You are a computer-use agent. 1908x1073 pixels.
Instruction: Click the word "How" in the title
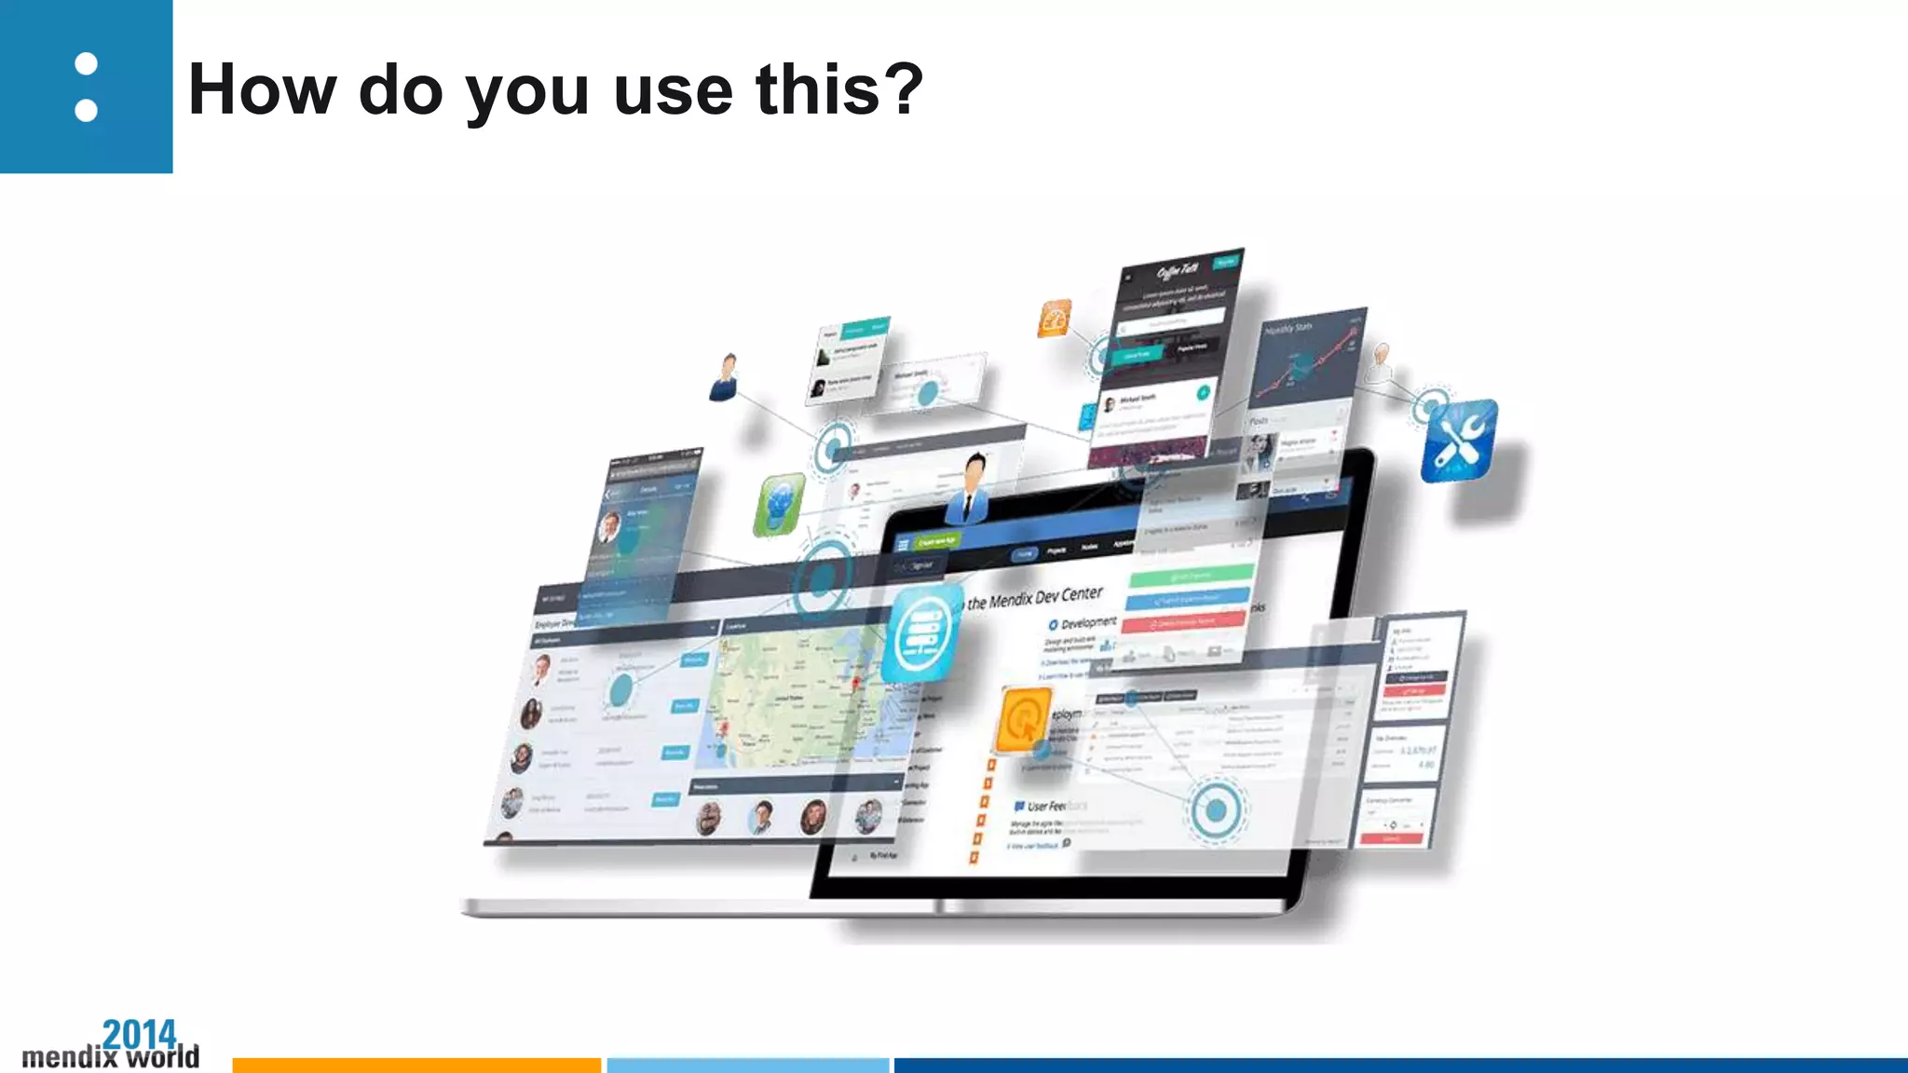tap(262, 90)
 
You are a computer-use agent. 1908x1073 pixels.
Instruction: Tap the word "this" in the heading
tap(817, 90)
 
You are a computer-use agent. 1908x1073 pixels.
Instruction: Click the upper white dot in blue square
tap(86, 63)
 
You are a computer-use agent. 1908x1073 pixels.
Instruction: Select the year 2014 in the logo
tap(139, 1033)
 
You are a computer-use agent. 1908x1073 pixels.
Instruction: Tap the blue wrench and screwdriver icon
tap(1459, 440)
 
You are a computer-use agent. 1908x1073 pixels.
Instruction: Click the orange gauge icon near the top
tap(1055, 319)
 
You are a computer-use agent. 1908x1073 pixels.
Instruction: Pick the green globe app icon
tap(779, 505)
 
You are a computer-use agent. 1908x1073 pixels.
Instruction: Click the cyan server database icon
tap(921, 634)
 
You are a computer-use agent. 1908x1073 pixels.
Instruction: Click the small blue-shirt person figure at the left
tap(725, 377)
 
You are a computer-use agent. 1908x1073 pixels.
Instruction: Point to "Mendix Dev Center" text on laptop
tap(1034, 598)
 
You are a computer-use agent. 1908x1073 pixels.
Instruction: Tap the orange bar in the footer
tap(416, 1065)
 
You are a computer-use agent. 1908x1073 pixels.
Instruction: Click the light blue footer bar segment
tap(748, 1065)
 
